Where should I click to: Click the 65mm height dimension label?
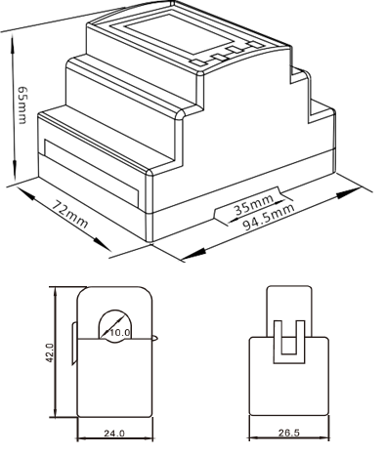tap(22, 105)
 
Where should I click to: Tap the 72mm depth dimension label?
tap(70, 214)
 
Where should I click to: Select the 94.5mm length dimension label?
tap(270, 218)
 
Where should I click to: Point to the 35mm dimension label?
tap(254, 205)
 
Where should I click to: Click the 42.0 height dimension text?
tap(49, 352)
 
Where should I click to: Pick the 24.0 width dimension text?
tap(114, 434)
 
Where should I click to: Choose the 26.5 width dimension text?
tap(288, 433)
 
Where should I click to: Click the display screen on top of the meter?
tap(179, 34)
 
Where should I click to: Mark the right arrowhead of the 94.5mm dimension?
tap(348, 193)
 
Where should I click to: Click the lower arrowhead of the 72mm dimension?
tap(103, 244)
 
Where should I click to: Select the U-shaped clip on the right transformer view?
tap(289, 342)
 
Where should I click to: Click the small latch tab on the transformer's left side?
tap(74, 344)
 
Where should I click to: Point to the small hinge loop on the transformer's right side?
tap(155, 338)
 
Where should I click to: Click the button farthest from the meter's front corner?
tap(256, 45)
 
